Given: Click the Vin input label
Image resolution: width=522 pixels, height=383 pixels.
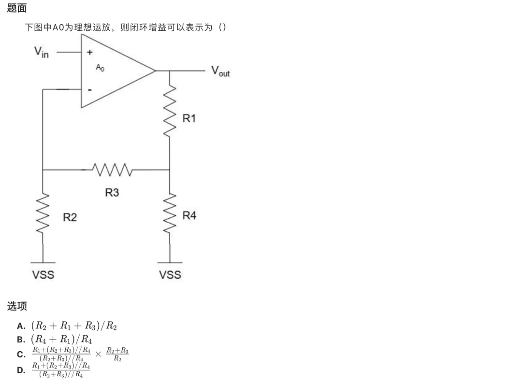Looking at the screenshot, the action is (x=41, y=52).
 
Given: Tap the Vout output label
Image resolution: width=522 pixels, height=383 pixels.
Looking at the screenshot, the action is (x=220, y=71).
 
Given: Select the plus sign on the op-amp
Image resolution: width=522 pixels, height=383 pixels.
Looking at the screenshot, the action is (x=89, y=52).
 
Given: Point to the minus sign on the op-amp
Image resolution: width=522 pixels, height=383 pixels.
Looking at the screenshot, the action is (x=89, y=90).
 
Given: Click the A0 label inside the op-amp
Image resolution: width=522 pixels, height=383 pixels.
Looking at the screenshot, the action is (x=100, y=68).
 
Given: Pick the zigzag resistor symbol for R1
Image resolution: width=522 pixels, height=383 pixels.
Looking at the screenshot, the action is (x=170, y=111).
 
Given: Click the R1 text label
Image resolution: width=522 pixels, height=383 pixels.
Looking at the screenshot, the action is (x=189, y=118).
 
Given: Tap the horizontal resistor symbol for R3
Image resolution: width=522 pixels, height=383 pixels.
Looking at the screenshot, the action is (x=112, y=170).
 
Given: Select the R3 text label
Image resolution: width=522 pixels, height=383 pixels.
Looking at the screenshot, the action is (x=112, y=192).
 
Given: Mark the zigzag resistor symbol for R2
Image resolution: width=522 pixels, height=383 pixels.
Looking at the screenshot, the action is (x=43, y=213).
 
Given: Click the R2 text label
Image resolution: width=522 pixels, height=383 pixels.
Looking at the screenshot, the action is (x=70, y=217).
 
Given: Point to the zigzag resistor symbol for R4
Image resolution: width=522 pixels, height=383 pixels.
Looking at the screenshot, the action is (x=170, y=213).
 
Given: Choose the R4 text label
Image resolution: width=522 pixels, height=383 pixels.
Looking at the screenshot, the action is (x=189, y=215).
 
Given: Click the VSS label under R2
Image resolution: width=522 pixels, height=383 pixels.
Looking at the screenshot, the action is (x=43, y=275).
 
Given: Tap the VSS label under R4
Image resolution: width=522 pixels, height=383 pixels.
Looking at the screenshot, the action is (x=170, y=275).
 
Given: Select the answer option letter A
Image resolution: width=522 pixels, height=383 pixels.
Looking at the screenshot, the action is (x=21, y=326).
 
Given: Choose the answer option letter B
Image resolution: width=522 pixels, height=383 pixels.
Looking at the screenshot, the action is (x=21, y=340).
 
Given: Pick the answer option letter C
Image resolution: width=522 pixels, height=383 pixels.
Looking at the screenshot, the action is (x=21, y=355).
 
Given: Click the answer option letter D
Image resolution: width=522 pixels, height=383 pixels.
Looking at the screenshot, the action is (x=21, y=370).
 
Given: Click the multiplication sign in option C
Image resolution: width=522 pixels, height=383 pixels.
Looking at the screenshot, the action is (x=98, y=354).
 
